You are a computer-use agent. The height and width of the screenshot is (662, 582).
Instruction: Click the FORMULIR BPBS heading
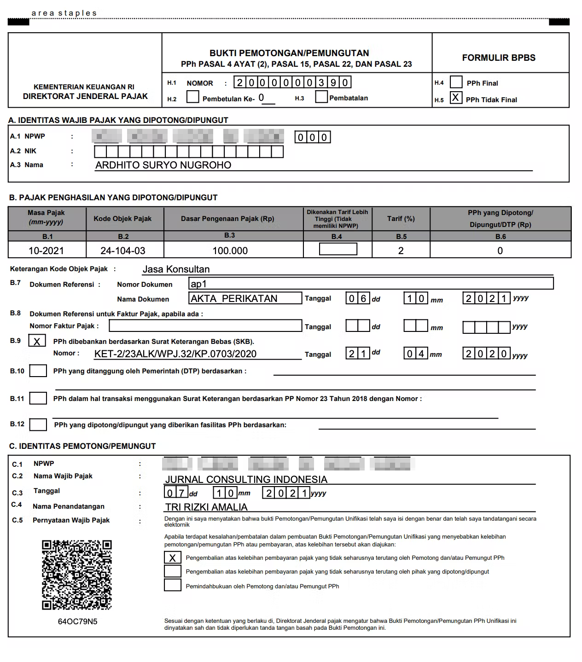499,58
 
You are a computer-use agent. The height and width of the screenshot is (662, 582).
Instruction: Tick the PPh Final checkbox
456,82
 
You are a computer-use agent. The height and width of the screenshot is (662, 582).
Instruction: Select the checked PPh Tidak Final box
456,98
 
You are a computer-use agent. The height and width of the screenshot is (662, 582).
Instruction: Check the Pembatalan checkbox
321,97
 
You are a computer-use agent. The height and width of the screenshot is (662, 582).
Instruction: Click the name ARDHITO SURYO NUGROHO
163,165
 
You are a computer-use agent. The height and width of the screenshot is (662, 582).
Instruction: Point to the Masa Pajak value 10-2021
46,251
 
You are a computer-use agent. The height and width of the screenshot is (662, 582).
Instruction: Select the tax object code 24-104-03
123,251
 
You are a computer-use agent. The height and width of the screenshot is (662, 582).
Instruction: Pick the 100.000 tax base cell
230,251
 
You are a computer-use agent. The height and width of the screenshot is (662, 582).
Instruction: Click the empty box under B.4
338,249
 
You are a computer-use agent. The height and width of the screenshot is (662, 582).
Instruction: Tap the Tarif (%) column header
401,219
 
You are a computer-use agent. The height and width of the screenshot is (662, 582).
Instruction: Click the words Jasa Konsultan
176,269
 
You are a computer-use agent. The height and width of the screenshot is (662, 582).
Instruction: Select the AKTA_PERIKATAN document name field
245,298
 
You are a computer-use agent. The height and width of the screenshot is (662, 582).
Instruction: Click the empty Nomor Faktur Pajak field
205,326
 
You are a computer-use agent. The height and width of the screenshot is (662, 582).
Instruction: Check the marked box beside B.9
37,341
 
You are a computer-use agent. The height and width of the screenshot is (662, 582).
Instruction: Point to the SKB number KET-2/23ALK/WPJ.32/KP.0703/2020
175,354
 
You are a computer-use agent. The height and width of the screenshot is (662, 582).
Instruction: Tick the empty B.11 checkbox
38,398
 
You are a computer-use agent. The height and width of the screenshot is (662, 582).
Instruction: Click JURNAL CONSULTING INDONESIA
246,479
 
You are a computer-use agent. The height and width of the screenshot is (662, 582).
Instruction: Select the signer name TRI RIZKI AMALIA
206,507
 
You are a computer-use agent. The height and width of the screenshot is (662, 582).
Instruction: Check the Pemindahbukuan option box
173,586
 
